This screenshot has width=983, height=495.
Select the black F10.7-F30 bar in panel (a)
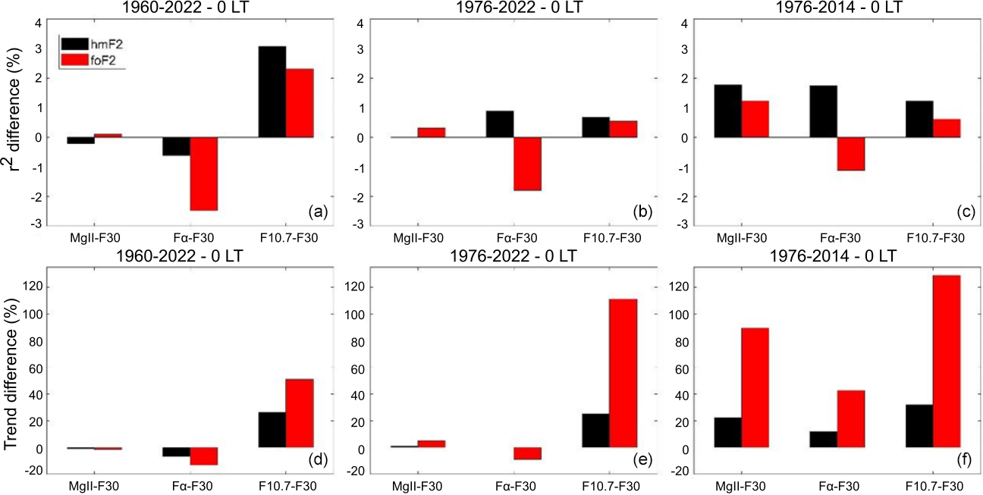click(272, 92)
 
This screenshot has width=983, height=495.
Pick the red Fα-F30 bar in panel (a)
click(203, 174)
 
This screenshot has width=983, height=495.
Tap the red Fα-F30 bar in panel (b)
click(527, 164)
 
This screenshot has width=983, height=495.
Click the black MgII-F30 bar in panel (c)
click(728, 111)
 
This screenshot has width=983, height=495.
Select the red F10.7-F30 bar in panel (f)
click(947, 361)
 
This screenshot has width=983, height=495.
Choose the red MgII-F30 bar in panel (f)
click(755, 387)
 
